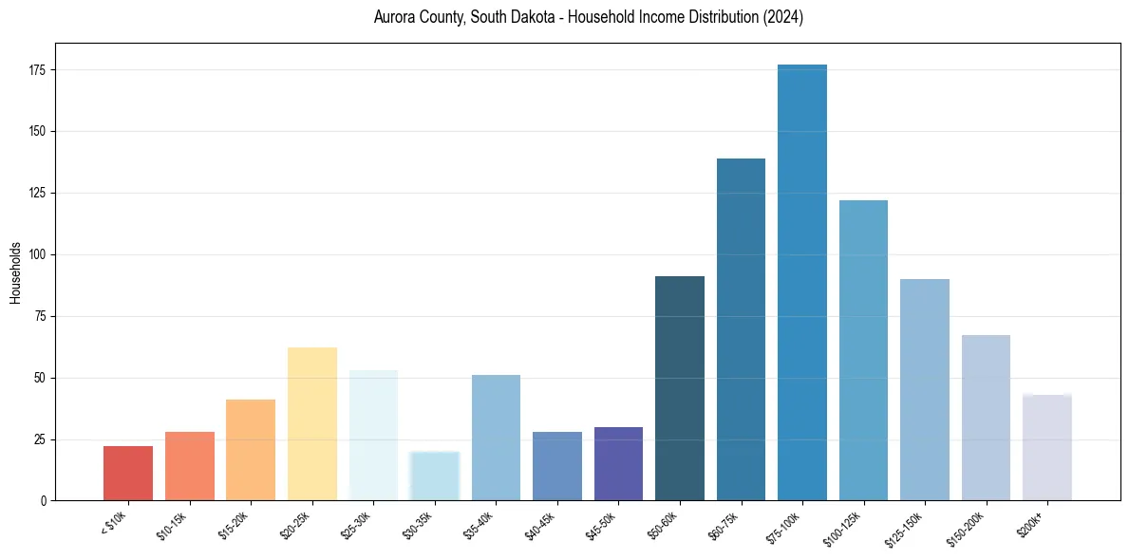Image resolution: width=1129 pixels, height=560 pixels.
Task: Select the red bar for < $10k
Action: [x=128, y=473]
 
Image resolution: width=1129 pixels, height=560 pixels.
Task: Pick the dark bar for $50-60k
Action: [x=680, y=388]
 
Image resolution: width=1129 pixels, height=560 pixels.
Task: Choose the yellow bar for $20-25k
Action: [x=312, y=423]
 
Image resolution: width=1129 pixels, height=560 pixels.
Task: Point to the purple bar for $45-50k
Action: [x=618, y=463]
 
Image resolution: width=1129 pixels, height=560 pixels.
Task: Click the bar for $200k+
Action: [x=1047, y=447]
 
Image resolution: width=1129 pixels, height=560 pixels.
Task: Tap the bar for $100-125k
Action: [x=863, y=350]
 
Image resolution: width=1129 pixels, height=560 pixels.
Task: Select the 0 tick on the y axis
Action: [x=45, y=500]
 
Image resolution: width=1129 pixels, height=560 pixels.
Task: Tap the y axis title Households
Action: [x=15, y=272]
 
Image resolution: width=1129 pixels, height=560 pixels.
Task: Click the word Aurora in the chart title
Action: [x=392, y=18]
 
